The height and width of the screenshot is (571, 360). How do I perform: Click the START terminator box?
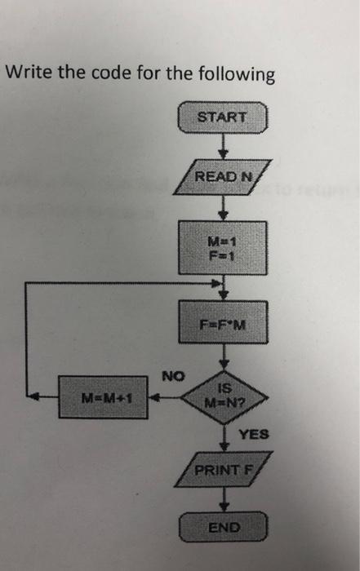[222, 117]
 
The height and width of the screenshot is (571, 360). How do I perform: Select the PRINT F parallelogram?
[222, 471]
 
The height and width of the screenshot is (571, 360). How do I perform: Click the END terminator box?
[222, 527]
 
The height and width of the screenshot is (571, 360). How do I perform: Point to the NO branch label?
[173, 376]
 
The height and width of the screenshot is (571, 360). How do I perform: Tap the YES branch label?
[253, 435]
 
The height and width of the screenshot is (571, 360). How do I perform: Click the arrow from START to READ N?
[222, 146]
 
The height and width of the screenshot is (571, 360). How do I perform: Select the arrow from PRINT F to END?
[222, 499]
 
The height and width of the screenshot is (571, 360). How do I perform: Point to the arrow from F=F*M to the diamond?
[222, 359]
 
